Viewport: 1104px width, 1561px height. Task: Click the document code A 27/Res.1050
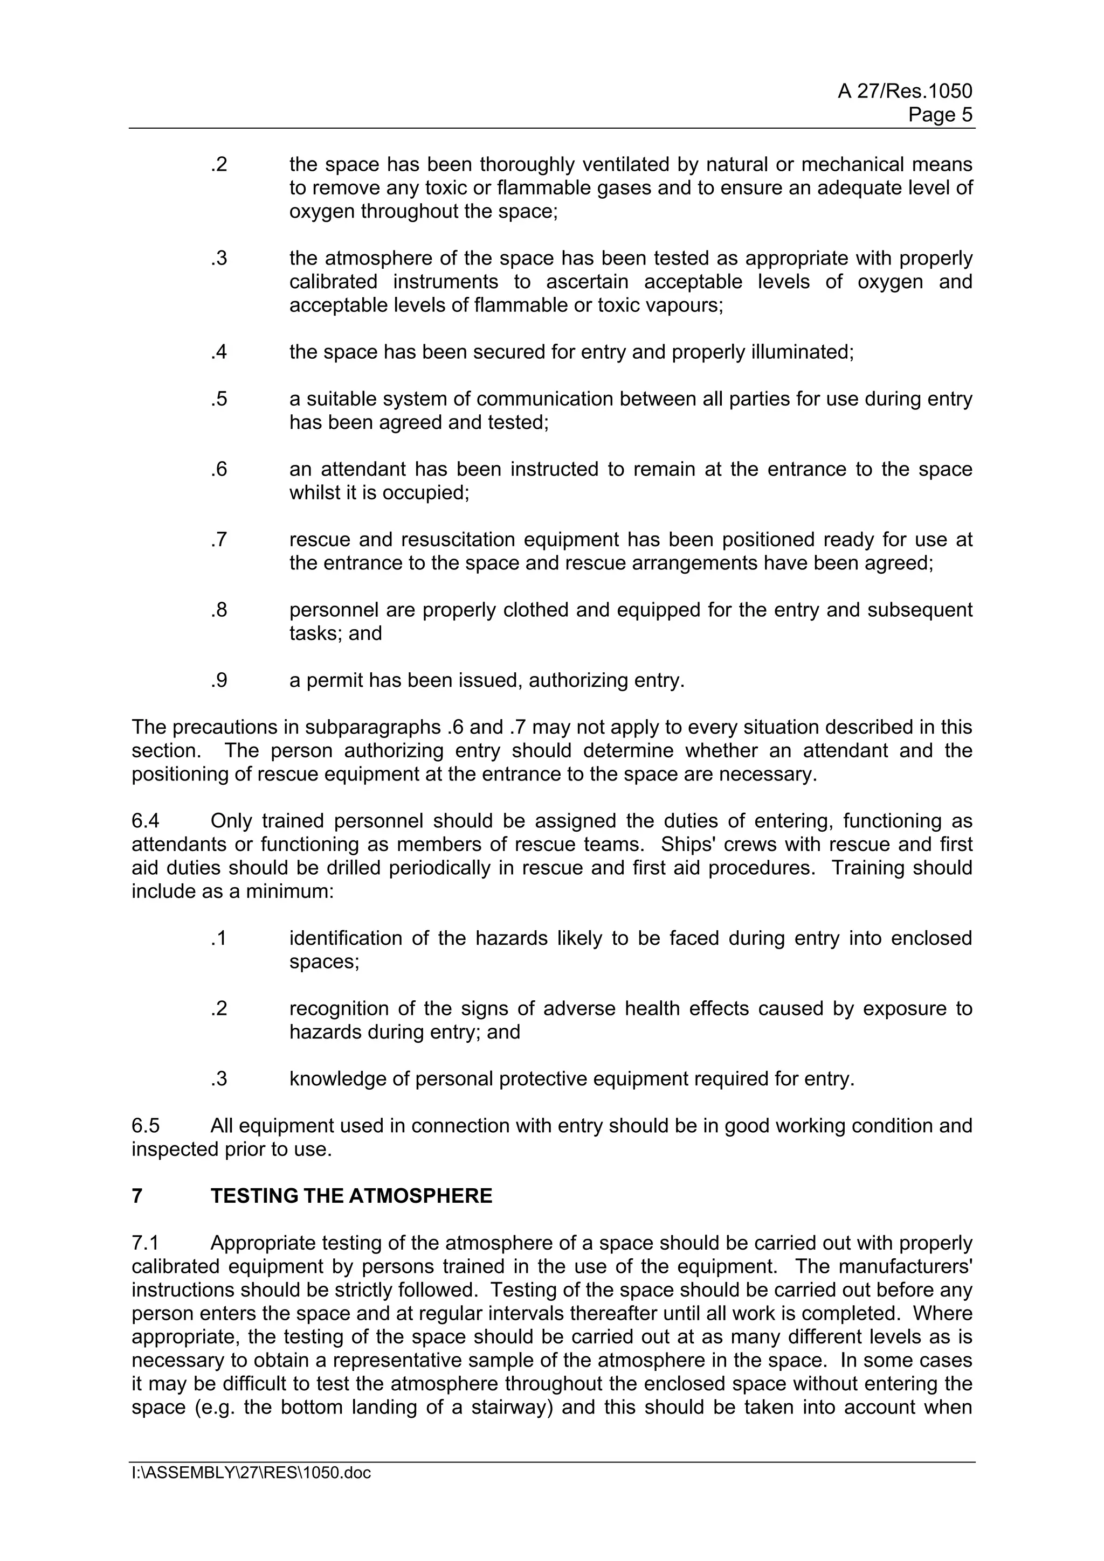point(904,91)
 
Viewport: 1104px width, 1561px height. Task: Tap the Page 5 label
point(940,115)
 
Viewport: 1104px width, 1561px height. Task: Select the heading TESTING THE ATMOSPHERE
point(351,1196)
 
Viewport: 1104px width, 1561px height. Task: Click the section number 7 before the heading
point(137,1196)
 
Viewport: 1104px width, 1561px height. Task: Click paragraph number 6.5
point(146,1125)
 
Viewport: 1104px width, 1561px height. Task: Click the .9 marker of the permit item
point(218,680)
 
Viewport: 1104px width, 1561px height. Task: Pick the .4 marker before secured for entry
point(218,352)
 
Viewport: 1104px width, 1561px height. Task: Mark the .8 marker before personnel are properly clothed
point(218,610)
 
